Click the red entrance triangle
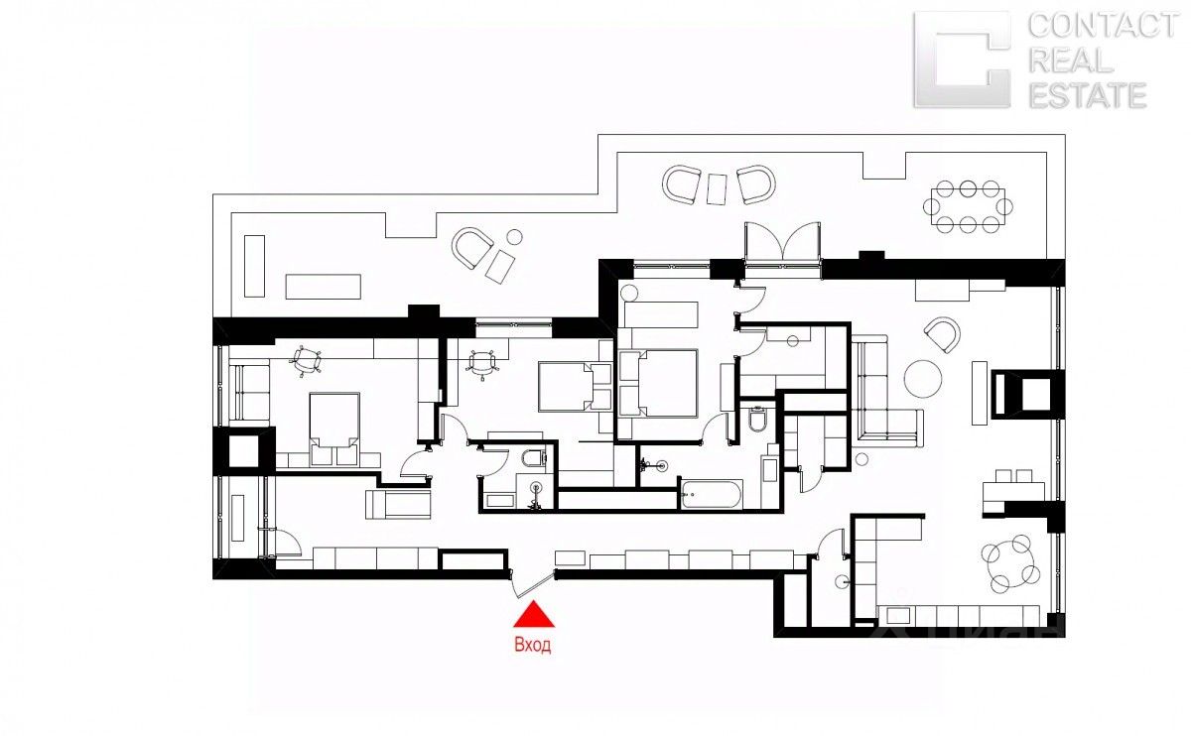pyautogui.click(x=534, y=616)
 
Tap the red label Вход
pyautogui.click(x=533, y=645)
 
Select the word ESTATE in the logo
pyautogui.click(x=1087, y=95)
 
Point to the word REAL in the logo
pyautogui.click(x=1070, y=61)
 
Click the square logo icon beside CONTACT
pyautogui.click(x=961, y=60)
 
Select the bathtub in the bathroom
pyautogui.click(x=711, y=494)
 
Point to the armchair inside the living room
pyautogui.click(x=942, y=334)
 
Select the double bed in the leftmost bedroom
pyautogui.click(x=335, y=427)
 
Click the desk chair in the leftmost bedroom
pyautogui.click(x=310, y=362)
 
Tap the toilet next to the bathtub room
pyautogui.click(x=757, y=422)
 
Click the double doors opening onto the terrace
pyautogui.click(x=783, y=243)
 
